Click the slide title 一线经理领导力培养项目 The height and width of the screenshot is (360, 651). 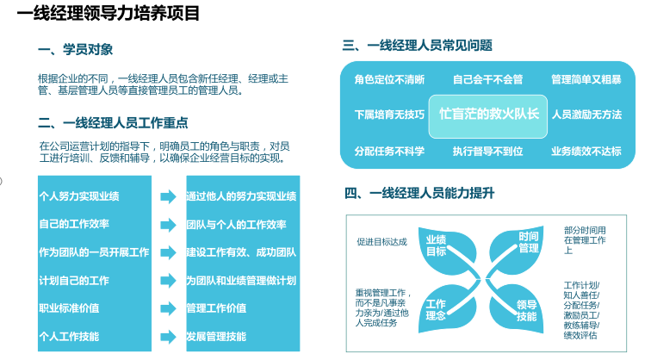[108, 13]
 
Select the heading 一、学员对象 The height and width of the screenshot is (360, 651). [75, 49]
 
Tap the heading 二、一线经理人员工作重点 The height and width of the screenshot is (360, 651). [113, 123]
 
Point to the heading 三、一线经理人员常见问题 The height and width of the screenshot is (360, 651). [418, 46]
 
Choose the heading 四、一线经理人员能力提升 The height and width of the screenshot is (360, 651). [419, 193]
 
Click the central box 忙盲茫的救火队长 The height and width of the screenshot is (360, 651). [488, 116]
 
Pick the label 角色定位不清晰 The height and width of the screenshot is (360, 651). [389, 79]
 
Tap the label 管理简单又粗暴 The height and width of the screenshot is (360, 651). [586, 79]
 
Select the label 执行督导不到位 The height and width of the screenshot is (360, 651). [488, 151]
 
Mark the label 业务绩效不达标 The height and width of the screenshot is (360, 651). [586, 151]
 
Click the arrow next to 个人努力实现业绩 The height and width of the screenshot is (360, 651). [169, 196]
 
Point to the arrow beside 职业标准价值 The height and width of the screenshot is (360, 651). [169, 308]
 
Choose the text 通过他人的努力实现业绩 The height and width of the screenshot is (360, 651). [241, 196]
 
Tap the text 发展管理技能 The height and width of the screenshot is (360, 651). [216, 337]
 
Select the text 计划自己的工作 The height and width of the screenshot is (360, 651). [74, 281]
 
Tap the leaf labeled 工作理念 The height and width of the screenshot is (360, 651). [447, 308]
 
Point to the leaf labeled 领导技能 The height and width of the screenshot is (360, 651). [518, 309]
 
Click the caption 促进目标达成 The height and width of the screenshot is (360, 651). [382, 242]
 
